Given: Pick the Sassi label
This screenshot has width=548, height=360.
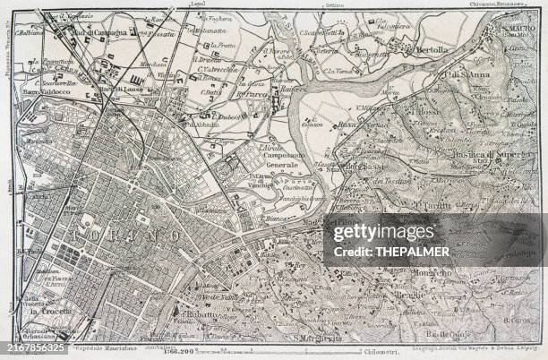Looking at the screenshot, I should (370, 166).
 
